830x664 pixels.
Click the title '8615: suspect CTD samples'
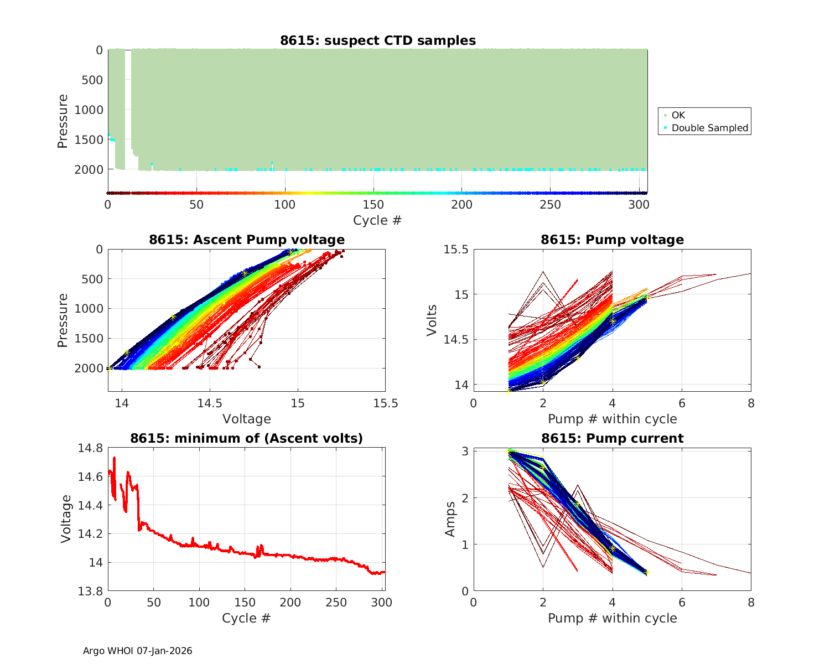click(x=377, y=40)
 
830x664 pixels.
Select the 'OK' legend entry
click(x=678, y=115)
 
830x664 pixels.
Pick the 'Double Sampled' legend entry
click(x=709, y=128)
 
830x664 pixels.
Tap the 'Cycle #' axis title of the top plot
click(x=377, y=220)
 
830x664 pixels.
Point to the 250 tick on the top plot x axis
click(x=551, y=205)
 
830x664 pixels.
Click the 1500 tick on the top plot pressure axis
click(x=89, y=139)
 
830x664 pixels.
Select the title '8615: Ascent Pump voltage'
click(x=247, y=240)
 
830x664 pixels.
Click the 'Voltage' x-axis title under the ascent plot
click(x=247, y=419)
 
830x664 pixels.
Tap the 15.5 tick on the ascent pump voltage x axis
click(x=386, y=403)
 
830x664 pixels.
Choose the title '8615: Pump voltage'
click(x=612, y=240)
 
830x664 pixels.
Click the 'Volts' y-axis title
click(x=432, y=320)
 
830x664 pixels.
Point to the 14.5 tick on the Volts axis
click(x=455, y=339)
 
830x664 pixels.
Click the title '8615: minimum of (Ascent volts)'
click(x=247, y=438)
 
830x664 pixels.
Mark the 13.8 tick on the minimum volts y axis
click(x=90, y=592)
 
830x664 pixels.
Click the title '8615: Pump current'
click(x=612, y=438)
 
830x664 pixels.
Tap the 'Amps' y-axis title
click(x=450, y=519)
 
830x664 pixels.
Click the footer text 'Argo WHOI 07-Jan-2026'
click(x=138, y=651)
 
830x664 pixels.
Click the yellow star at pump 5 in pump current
click(x=647, y=573)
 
